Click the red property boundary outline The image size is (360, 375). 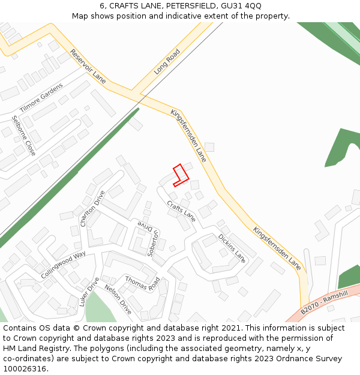point(181,175)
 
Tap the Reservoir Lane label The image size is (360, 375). point(88,66)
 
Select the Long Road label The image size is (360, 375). point(167,62)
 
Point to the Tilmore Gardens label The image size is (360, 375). point(41,98)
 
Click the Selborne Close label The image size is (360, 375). point(23,136)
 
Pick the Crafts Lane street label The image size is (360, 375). point(181,211)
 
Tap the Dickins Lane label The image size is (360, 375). point(232,248)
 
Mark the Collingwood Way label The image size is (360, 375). point(64,265)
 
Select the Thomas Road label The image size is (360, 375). point(142,283)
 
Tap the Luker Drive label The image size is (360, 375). point(89,292)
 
